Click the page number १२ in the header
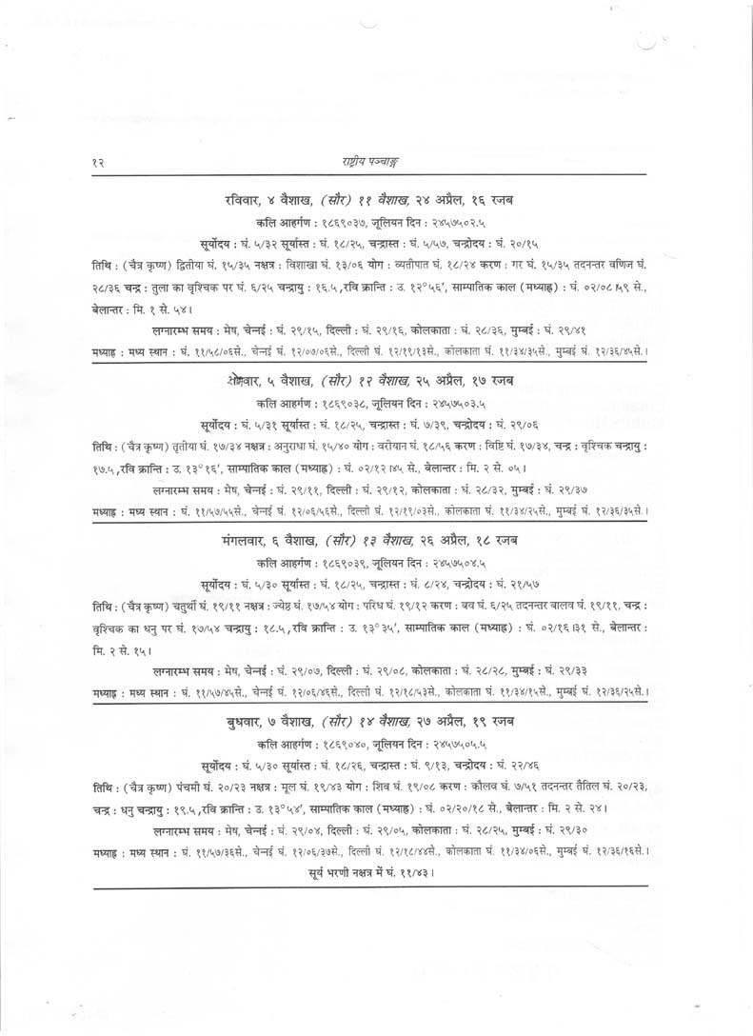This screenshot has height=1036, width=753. click(x=97, y=164)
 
